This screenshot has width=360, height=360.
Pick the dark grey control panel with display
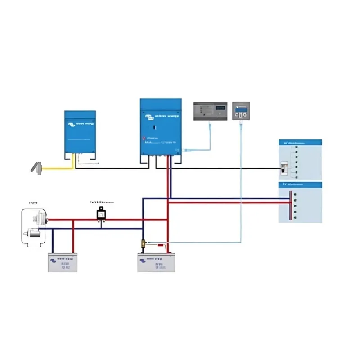pos(210,111)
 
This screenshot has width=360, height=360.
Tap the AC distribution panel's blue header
pos(301,143)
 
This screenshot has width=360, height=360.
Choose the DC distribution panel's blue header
pos(301,184)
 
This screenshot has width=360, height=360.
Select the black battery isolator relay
pos(102,215)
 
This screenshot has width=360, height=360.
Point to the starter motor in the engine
pos(34,232)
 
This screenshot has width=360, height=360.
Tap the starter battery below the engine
pos(63,262)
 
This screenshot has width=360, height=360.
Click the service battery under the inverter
pos(156,262)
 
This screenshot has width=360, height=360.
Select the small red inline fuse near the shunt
pos(160,245)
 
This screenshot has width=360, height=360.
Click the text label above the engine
pos(33,203)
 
